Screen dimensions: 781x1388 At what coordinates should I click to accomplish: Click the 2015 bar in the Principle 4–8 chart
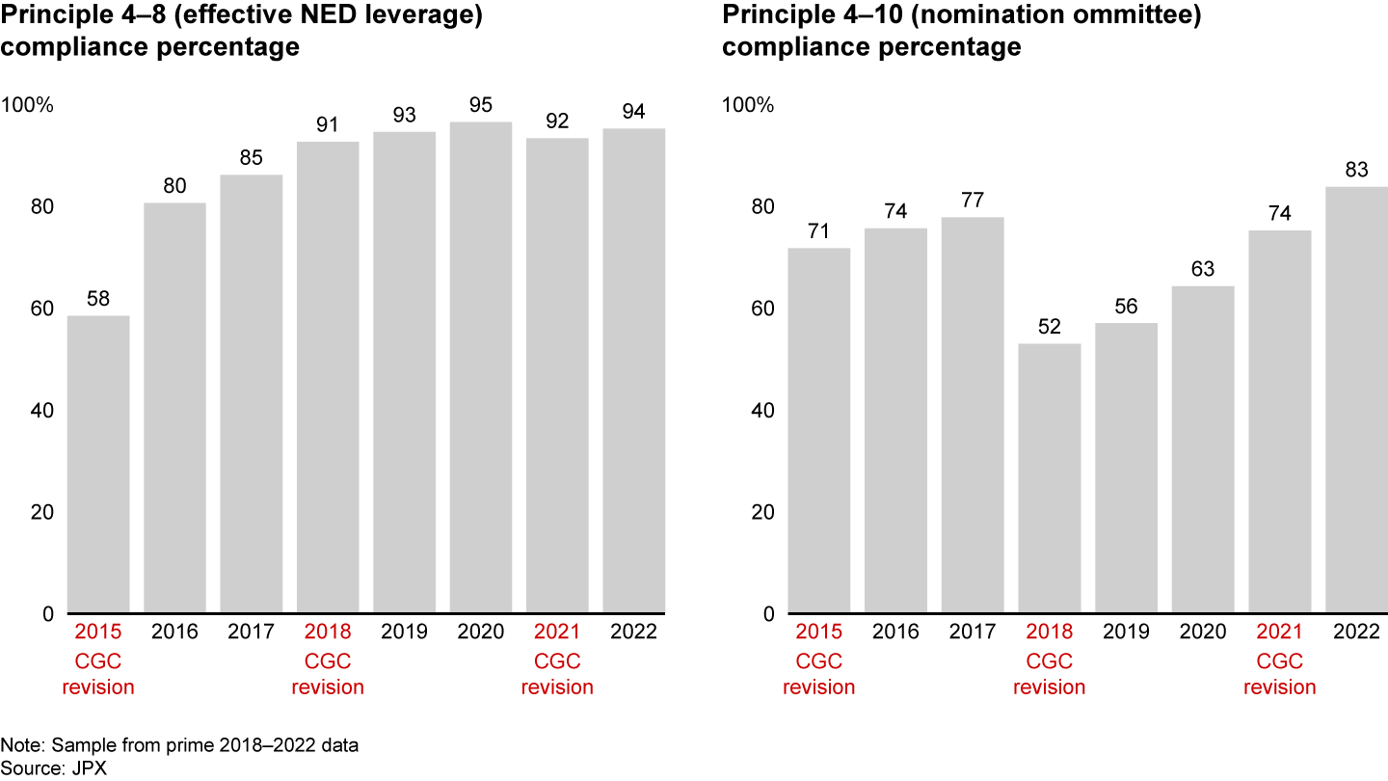coord(98,465)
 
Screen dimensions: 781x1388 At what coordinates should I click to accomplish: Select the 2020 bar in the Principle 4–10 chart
coord(1203,449)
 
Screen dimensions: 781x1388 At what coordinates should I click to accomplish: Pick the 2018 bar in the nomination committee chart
coord(1050,478)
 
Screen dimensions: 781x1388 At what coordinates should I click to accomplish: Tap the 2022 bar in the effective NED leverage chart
coord(633,371)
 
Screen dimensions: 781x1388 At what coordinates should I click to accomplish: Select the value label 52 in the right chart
coord(1050,327)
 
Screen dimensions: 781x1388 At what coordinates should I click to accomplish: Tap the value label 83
coord(1356,169)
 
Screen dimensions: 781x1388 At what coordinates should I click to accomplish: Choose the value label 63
coord(1203,269)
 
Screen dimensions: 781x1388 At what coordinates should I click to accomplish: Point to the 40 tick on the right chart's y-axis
coord(761,411)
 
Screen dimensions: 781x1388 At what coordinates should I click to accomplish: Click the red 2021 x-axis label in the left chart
coord(557,633)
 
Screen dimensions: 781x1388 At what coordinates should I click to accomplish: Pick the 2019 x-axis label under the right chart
coord(1126,633)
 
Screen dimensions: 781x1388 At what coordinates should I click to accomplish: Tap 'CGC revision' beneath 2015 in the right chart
coord(819,674)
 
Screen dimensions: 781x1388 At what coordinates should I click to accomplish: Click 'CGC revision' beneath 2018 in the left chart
coord(328,674)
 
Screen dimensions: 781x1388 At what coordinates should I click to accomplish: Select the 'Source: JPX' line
coord(44,768)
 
